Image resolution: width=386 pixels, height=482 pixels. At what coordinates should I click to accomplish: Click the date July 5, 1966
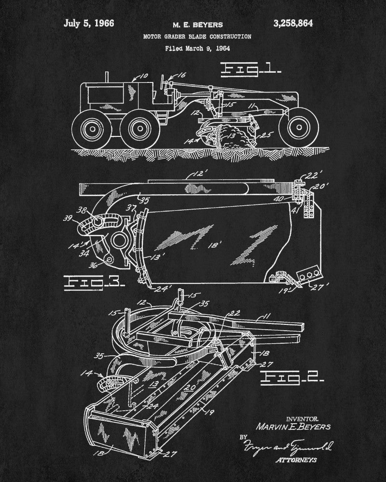(x=88, y=23)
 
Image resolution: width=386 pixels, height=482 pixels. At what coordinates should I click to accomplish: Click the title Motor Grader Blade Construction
(x=196, y=36)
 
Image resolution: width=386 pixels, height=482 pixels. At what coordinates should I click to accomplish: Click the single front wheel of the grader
(x=298, y=127)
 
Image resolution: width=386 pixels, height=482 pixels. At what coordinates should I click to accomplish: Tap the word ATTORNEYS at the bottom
(x=296, y=460)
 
